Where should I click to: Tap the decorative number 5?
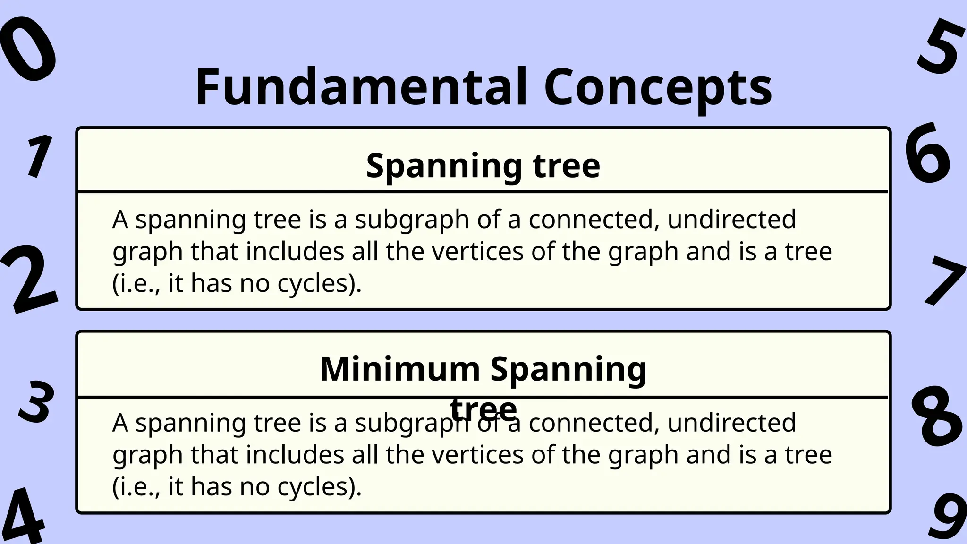click(941, 46)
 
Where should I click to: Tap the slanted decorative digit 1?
click(39, 156)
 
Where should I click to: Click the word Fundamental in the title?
click(361, 88)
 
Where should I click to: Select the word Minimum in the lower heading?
click(399, 369)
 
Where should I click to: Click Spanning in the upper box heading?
click(444, 166)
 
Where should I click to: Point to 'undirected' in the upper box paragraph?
click(731, 219)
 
